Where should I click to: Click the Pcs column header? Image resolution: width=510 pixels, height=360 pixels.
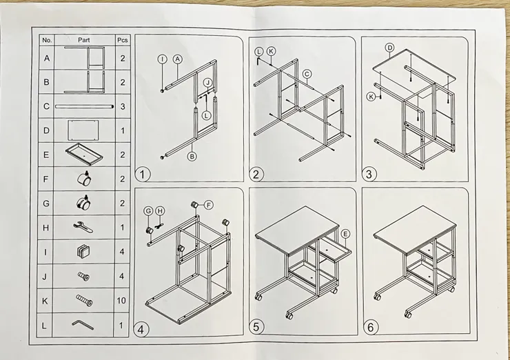[122, 40]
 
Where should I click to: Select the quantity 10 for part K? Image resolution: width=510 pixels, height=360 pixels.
[121, 300]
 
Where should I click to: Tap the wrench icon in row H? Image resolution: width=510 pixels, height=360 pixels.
[83, 227]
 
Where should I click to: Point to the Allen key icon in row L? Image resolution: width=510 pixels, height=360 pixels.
[83, 324]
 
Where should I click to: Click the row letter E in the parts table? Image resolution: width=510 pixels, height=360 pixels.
[46, 154]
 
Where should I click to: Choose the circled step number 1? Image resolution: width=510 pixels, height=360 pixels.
[142, 174]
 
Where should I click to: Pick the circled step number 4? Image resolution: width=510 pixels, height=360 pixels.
[141, 330]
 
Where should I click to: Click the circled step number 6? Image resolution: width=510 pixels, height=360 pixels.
[371, 328]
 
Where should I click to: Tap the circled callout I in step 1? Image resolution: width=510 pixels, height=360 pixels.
[162, 59]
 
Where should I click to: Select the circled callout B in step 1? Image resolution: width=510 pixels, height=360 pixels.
[192, 157]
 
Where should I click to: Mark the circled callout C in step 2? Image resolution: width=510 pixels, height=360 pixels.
[307, 74]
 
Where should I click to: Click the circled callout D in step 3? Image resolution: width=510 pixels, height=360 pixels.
[389, 48]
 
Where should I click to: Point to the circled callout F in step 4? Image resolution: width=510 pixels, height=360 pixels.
[209, 205]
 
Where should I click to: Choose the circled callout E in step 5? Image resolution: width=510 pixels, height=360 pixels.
[345, 234]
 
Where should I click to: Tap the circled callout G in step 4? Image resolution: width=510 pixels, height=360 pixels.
[148, 211]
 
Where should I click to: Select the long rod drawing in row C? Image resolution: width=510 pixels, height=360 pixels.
[85, 106]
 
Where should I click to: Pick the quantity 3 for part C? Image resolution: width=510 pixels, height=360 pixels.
[122, 106]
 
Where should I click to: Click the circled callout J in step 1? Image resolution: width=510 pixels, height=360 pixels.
[208, 83]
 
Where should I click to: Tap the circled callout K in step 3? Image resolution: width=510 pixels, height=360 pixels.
[371, 97]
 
